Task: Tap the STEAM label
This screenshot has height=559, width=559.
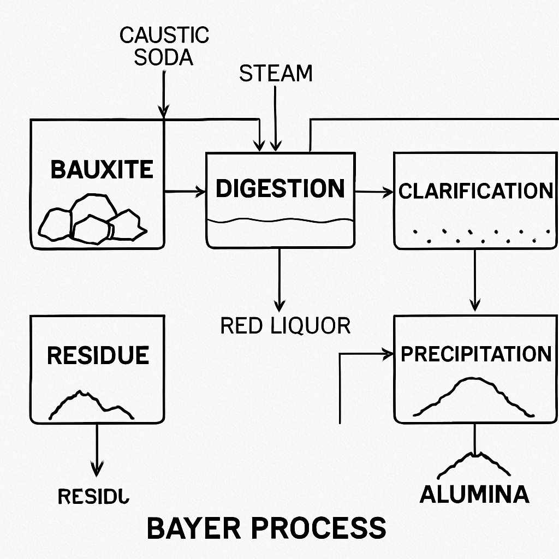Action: click(276, 74)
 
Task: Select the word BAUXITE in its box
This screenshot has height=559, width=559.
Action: click(102, 170)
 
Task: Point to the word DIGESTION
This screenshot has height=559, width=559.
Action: click(280, 188)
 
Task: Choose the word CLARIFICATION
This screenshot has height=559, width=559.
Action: click(475, 191)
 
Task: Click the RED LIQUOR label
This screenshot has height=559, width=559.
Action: click(285, 326)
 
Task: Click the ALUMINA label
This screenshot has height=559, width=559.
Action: click(474, 494)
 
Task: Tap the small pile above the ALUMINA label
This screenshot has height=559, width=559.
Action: click(474, 465)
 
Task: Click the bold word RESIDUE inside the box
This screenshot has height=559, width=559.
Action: click(98, 355)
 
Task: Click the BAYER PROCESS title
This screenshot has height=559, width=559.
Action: click(266, 528)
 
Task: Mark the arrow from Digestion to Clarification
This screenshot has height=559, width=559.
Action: click(374, 192)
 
